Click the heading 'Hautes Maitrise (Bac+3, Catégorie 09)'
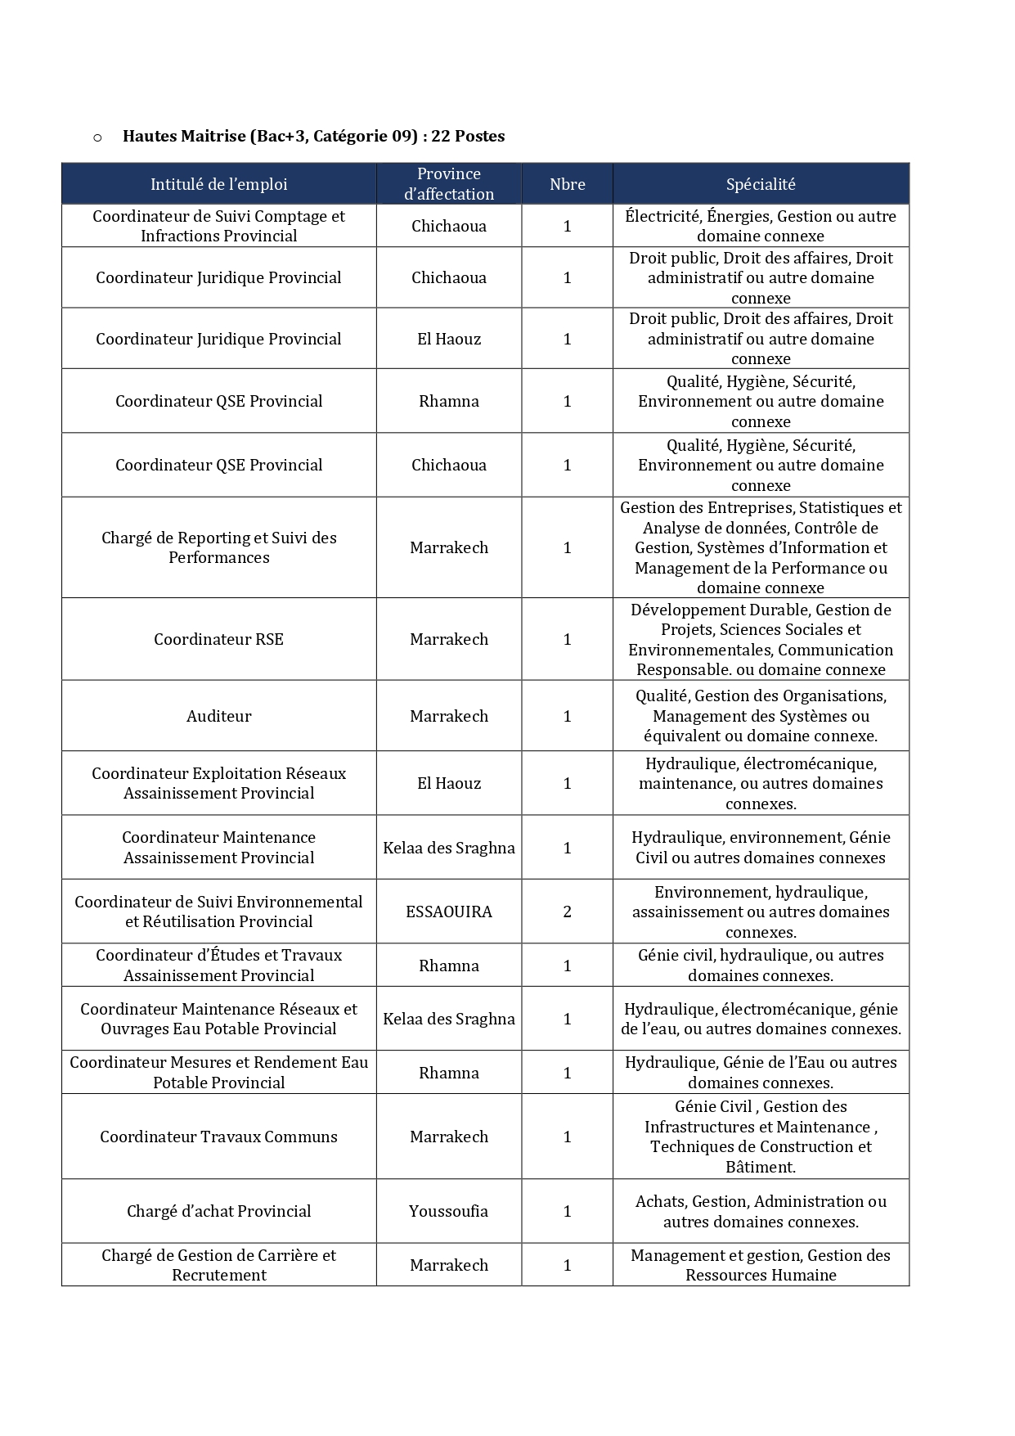click(x=312, y=136)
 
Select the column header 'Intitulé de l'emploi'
click(x=218, y=184)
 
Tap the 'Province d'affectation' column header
click(x=448, y=184)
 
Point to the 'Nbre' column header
click(x=567, y=184)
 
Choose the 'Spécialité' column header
click(x=761, y=184)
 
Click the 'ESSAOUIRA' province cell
click(x=448, y=912)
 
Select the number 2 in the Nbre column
click(x=567, y=912)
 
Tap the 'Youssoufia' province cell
click(x=448, y=1211)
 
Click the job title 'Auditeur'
click(x=218, y=716)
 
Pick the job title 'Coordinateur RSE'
click(x=218, y=639)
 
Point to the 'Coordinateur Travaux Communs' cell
click(x=218, y=1137)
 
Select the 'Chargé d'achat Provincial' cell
click(x=218, y=1211)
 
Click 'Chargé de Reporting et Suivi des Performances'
click(x=218, y=547)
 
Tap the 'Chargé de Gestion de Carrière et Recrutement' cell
click(x=218, y=1265)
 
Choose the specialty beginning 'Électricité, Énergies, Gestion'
click(x=761, y=226)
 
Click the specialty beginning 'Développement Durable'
click(x=761, y=639)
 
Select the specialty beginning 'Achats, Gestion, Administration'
click(x=761, y=1211)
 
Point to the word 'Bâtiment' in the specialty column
click(x=760, y=1168)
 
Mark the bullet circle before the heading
click(x=97, y=137)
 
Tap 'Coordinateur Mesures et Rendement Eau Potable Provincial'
click(x=218, y=1073)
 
